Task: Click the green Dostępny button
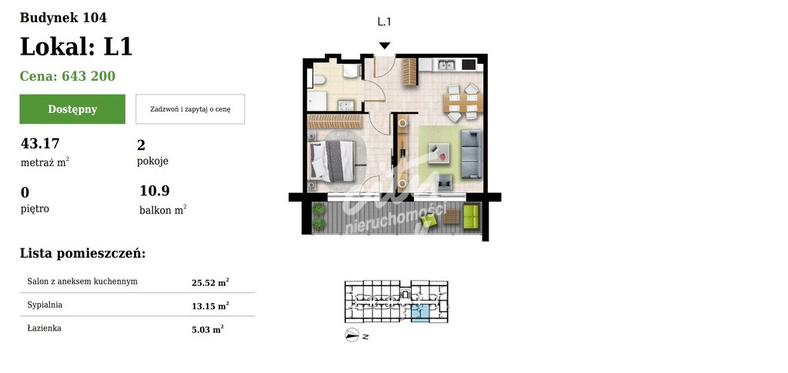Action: tap(72, 109)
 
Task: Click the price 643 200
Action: tap(88, 76)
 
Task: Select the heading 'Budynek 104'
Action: tap(63, 18)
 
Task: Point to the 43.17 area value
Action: tap(40, 144)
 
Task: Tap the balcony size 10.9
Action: tap(155, 191)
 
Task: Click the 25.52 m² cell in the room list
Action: tap(210, 283)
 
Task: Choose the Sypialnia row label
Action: tap(45, 305)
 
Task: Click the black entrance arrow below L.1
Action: tap(385, 45)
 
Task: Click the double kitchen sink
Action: tap(446, 65)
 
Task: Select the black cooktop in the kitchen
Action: tap(469, 65)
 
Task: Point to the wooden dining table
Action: tap(462, 102)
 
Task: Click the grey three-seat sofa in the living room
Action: tap(472, 154)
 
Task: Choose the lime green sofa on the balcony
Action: tap(471, 216)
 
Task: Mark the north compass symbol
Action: tap(352, 335)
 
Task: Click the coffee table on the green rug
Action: tap(439, 152)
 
